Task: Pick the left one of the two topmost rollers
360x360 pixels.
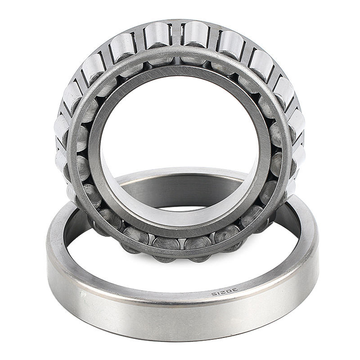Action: coord(158,36)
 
